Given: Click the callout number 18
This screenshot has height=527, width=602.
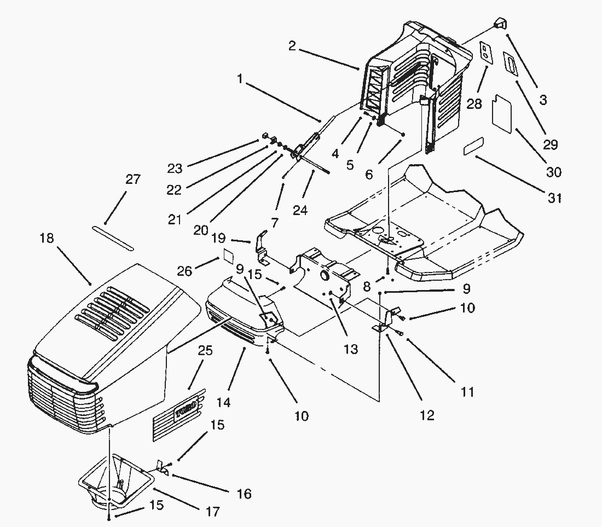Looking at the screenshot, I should [x=47, y=239].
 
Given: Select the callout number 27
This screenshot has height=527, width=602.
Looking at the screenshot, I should [x=133, y=179].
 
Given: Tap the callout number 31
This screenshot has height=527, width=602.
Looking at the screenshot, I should [x=555, y=198].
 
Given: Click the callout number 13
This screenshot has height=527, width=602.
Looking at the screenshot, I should [x=350, y=349].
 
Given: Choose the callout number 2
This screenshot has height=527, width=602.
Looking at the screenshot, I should [x=292, y=46].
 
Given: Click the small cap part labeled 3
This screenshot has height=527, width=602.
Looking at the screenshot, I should [x=499, y=24].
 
